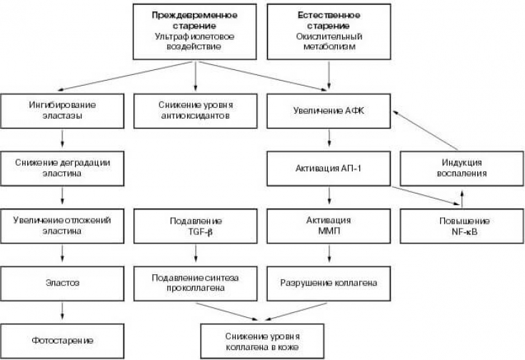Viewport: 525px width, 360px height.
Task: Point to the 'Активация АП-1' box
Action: pyautogui.click(x=330, y=168)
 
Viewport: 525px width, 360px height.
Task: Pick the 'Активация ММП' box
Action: pyautogui.click(x=330, y=224)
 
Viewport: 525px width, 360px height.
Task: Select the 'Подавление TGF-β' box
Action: pyautogui.click(x=196, y=224)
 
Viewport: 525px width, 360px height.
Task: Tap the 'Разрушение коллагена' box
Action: pyautogui.click(x=330, y=281)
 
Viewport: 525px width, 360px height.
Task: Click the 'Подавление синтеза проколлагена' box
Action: pyautogui.click(x=196, y=281)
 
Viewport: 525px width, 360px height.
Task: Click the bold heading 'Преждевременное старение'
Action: pyautogui.click(x=196, y=19)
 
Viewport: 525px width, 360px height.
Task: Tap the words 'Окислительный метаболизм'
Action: pyautogui.click(x=329, y=41)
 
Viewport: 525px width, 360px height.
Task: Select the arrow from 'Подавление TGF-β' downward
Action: pyautogui.click(x=195, y=254)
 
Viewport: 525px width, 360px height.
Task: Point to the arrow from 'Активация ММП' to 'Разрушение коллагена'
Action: pyautogui.click(x=329, y=254)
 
